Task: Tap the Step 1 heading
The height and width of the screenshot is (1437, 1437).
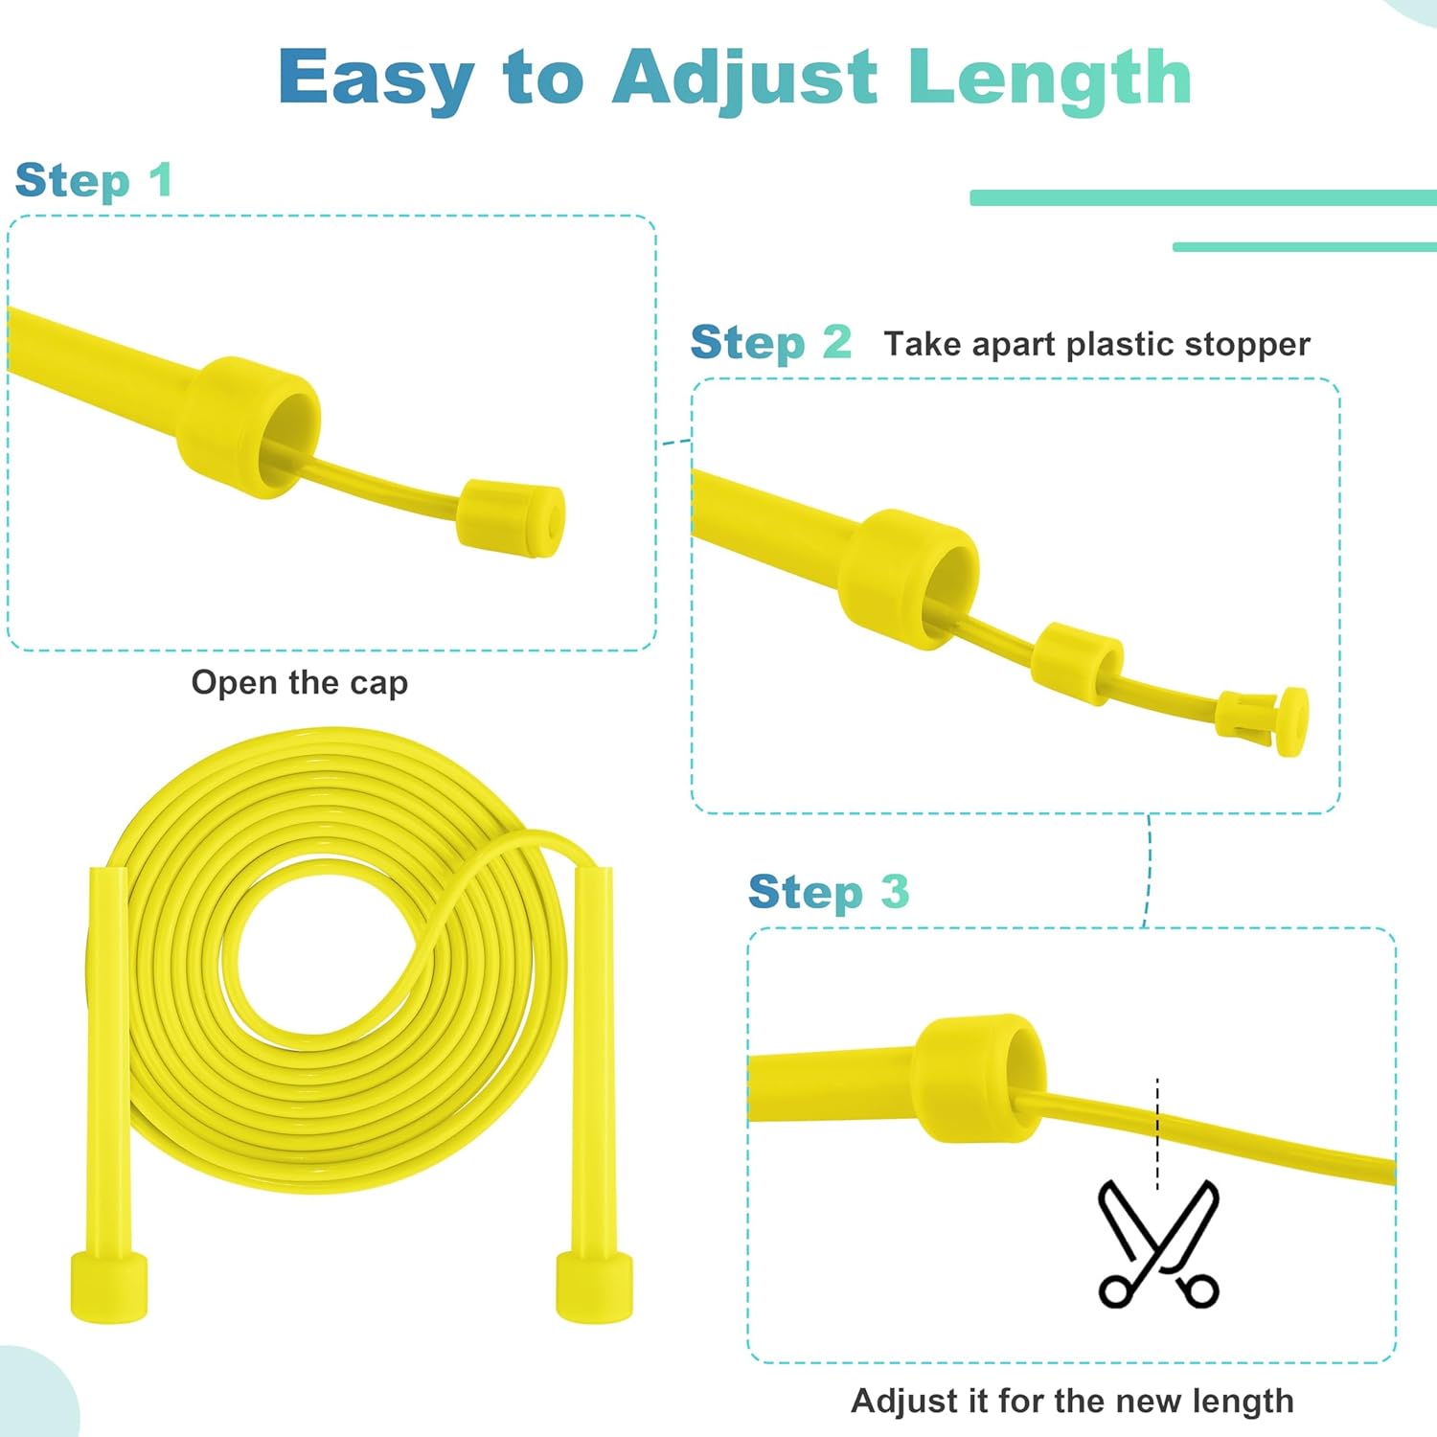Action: point(94,181)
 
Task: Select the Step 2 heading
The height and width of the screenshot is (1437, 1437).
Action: point(770,343)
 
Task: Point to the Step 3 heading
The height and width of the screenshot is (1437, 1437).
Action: point(829,893)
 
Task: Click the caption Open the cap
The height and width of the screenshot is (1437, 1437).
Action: point(300,683)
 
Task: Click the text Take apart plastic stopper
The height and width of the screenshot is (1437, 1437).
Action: point(1097,344)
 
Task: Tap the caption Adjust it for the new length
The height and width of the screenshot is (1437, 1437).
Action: point(1073,1401)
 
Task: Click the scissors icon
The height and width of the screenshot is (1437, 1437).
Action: point(1158,1243)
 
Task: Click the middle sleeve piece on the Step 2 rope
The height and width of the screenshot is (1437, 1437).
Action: point(1078,664)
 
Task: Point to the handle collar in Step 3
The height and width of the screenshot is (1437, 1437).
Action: point(978,1078)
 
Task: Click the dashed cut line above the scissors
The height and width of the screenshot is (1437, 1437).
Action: point(1157,1133)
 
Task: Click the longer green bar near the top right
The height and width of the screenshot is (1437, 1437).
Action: point(1203,197)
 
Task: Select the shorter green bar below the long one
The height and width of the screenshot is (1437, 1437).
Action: point(1305,247)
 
